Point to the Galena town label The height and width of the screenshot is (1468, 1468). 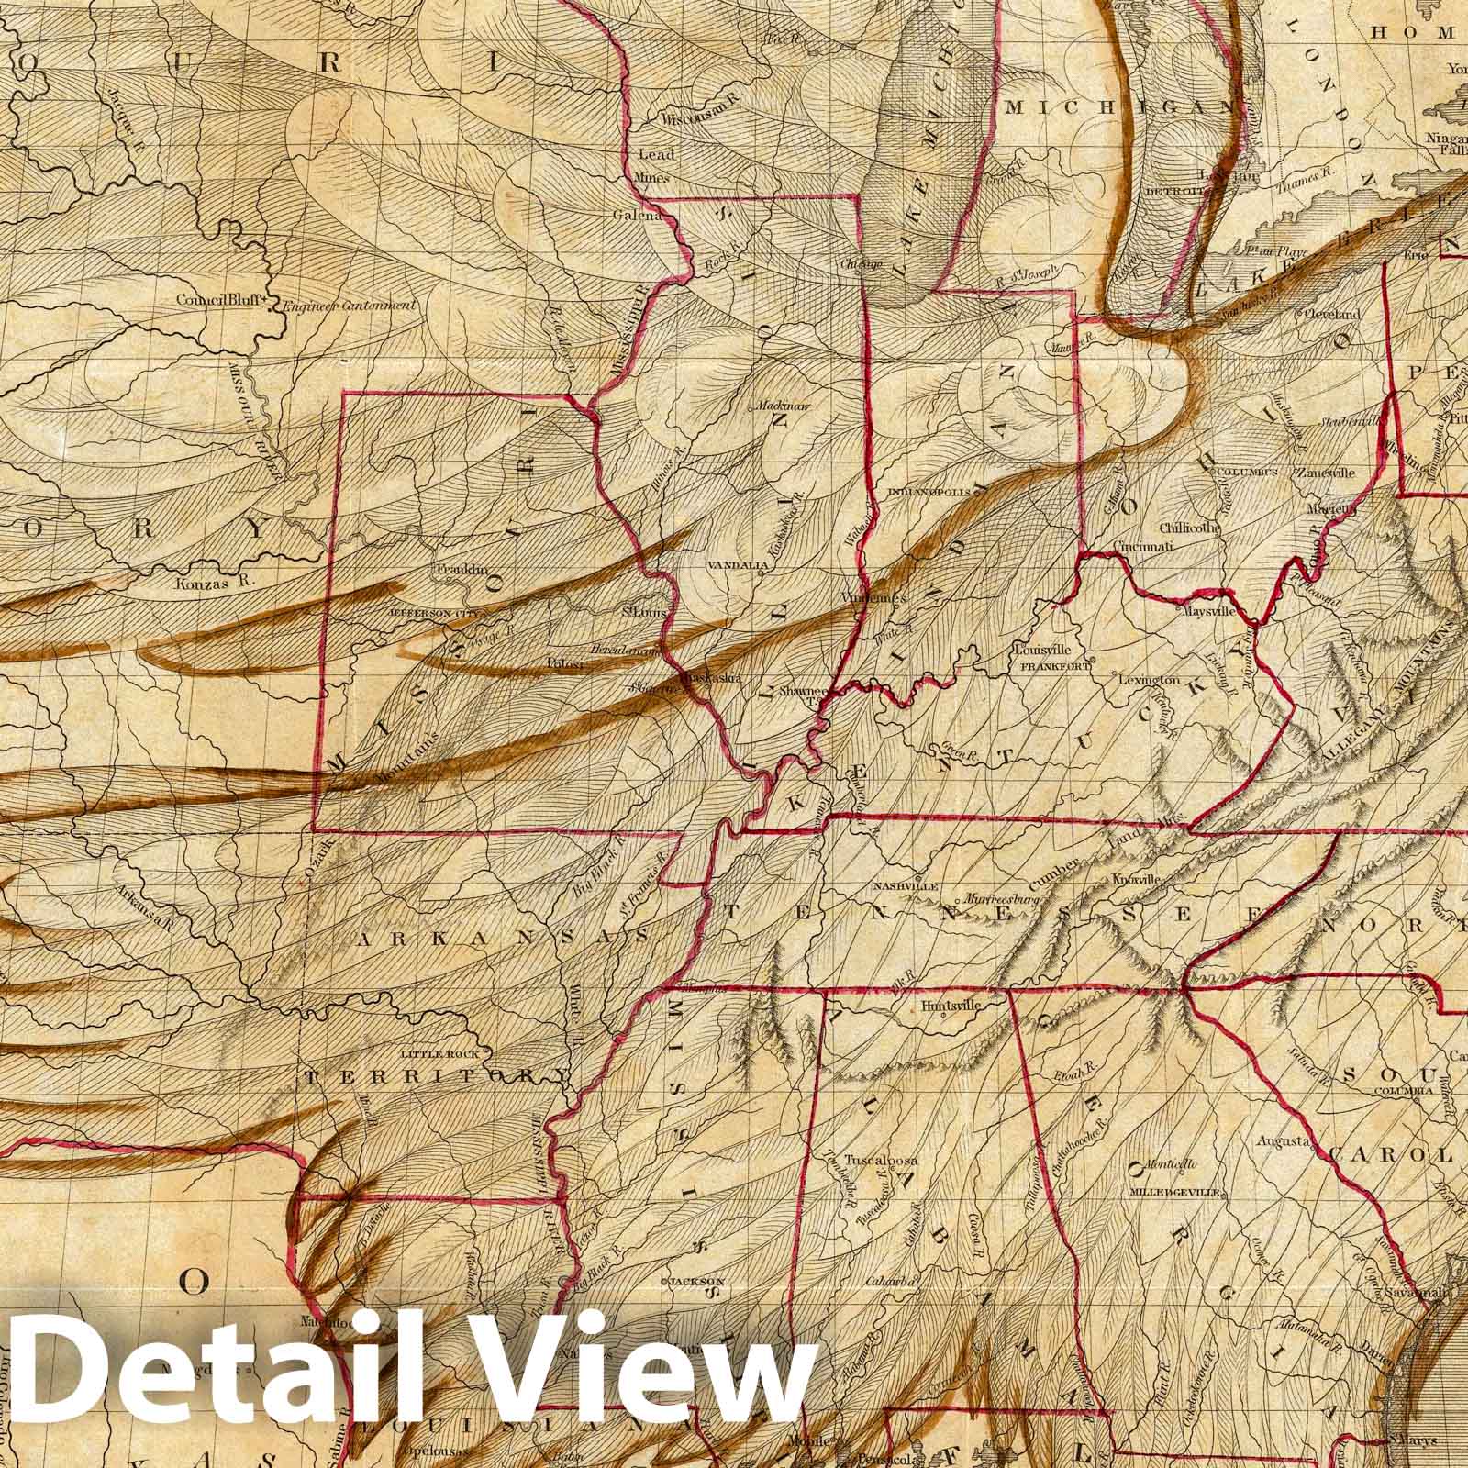(x=638, y=216)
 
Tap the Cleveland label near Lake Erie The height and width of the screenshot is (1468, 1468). (x=1332, y=314)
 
